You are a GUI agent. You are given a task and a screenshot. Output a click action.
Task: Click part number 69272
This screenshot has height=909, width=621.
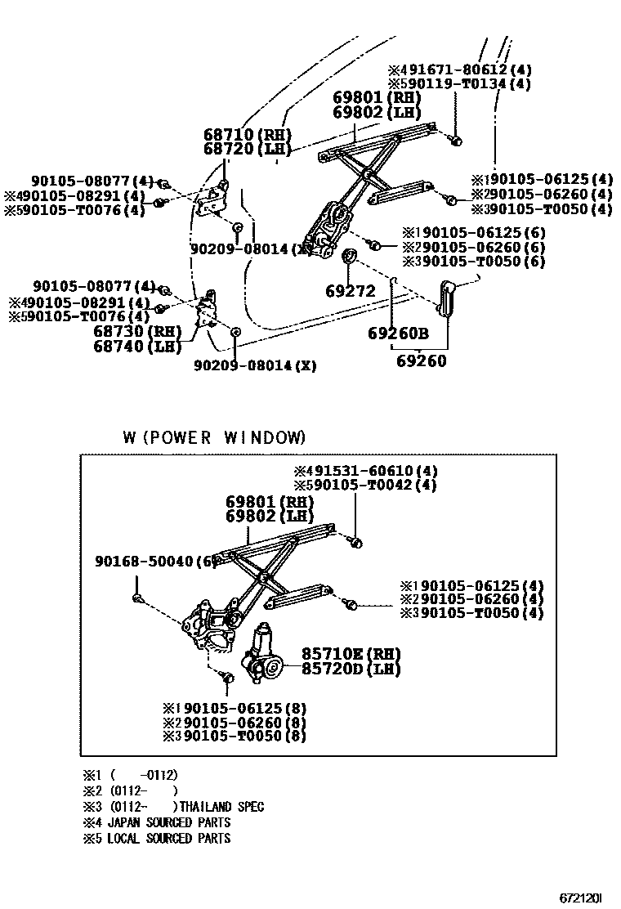click(350, 290)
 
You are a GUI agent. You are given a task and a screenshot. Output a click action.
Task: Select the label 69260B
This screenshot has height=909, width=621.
click(397, 334)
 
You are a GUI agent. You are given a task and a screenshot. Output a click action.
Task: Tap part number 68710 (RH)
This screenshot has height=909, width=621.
click(247, 135)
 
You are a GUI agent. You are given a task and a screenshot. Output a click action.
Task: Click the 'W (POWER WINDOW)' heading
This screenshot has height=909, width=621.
click(214, 437)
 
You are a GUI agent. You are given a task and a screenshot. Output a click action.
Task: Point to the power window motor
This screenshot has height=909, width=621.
click(263, 655)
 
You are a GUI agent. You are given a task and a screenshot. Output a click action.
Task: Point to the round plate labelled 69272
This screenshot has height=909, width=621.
click(347, 258)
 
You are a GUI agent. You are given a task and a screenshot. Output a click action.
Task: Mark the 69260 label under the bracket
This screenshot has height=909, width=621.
click(422, 360)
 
